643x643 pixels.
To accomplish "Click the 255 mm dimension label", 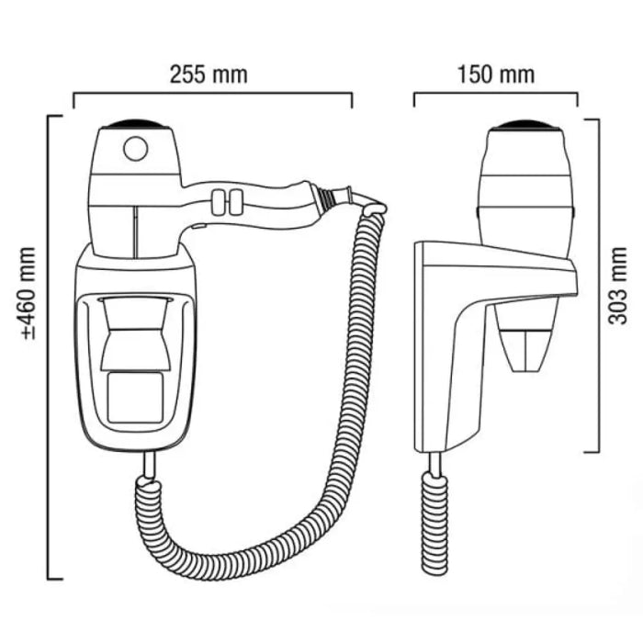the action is tap(209, 75).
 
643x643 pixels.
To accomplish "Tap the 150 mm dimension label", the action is tap(496, 75).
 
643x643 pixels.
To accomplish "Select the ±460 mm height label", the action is tap(28, 293).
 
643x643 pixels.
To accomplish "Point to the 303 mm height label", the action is tap(617, 286).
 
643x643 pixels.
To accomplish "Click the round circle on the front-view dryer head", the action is tap(136, 148).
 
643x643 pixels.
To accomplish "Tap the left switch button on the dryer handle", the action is tap(219, 202).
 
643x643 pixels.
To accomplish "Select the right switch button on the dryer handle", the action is tap(235, 202).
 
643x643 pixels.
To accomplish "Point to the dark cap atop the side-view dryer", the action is tap(526, 125).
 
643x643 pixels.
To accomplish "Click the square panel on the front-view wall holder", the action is tap(135, 398).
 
